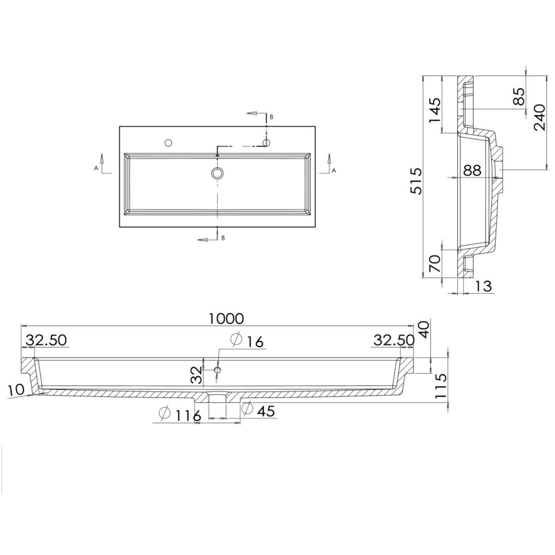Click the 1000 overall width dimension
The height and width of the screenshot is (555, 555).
tap(226, 319)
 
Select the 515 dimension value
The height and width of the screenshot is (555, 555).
tap(416, 181)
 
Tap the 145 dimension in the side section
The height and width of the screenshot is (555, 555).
tap(435, 111)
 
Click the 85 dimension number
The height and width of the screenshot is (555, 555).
tap(519, 97)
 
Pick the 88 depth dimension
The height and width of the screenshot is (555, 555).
tap(472, 171)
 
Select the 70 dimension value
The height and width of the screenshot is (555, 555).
tap(435, 264)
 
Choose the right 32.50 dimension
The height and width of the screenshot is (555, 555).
tap(394, 341)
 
